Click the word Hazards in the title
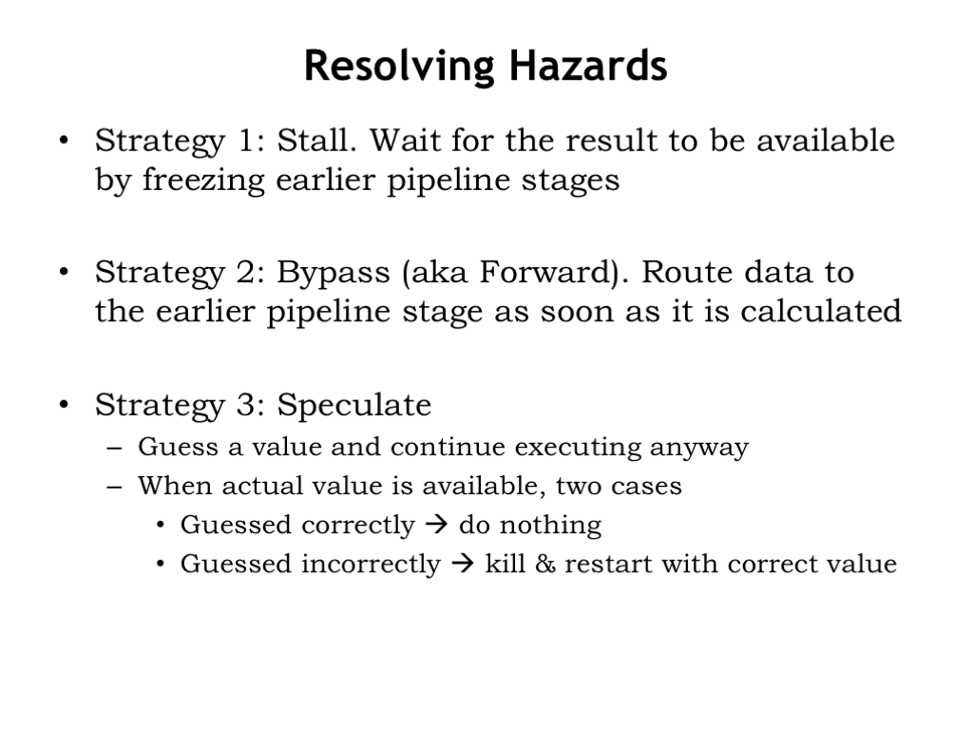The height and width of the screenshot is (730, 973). click(588, 66)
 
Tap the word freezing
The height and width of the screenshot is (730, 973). click(203, 181)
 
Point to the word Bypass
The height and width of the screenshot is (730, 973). click(334, 273)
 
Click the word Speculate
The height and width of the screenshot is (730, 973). click(353, 406)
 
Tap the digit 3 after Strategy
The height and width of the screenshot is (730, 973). click(245, 405)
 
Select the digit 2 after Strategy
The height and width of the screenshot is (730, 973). click(245, 272)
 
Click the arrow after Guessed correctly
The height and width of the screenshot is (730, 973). click(437, 525)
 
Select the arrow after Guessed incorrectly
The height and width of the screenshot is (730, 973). click(463, 564)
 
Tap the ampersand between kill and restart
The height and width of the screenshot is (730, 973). click(544, 564)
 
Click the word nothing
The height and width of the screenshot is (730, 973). click(550, 526)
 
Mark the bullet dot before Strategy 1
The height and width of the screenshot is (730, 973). click(64, 141)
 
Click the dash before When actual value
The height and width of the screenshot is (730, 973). click(114, 487)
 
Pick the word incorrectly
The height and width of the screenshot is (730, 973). click(371, 565)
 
